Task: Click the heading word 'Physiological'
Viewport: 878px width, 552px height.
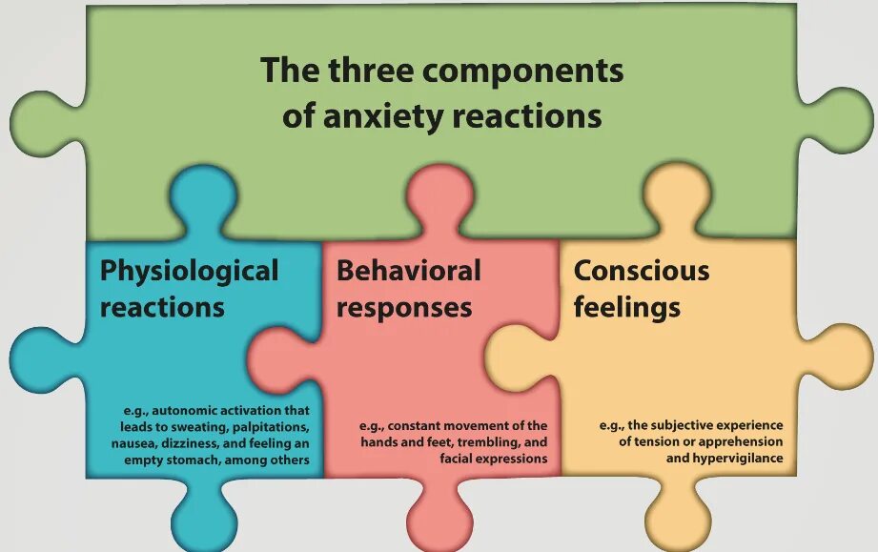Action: tap(189, 271)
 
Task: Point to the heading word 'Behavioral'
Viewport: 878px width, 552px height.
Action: tap(408, 271)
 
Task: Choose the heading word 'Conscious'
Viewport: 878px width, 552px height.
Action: tap(641, 271)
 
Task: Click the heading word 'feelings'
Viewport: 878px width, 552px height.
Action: tap(626, 307)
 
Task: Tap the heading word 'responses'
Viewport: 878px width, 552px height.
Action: tap(403, 307)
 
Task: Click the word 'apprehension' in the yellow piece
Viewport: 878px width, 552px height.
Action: tap(742, 442)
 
